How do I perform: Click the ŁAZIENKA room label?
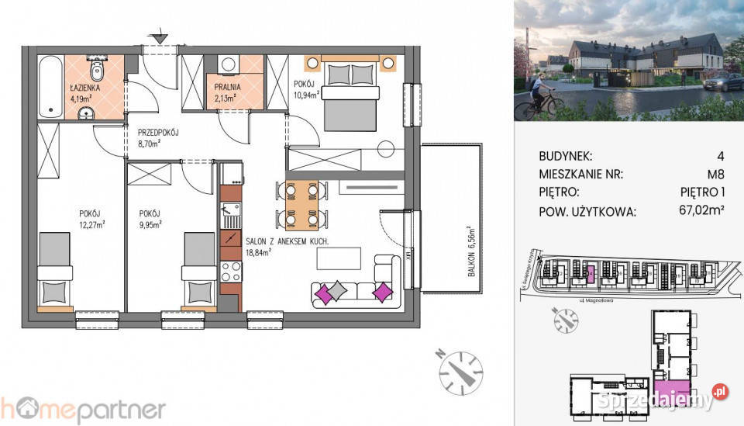pos(81,88)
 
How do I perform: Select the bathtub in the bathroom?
pos(50,88)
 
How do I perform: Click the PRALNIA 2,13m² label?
pos(227,92)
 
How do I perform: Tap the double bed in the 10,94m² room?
pos(350,95)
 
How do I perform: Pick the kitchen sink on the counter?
pos(230,212)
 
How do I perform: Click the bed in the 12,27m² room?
pos(55,268)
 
